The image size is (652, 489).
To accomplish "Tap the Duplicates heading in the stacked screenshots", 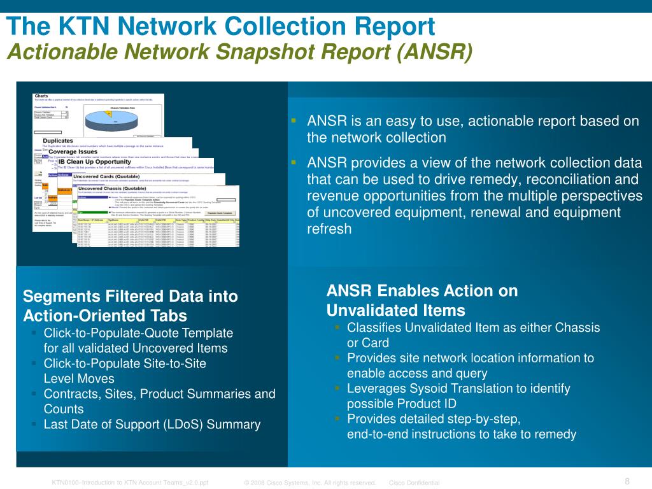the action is click(x=58, y=141).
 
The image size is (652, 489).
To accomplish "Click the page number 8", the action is click(x=627, y=481).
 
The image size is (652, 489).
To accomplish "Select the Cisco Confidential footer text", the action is click(x=414, y=483).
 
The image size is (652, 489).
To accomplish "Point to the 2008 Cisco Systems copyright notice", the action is click(x=309, y=483).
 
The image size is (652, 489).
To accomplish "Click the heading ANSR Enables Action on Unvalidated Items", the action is click(x=422, y=301).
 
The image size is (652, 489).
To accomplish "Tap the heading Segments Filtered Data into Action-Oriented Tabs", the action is click(x=130, y=306).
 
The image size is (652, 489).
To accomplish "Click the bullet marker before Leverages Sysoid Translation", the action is click(x=337, y=388).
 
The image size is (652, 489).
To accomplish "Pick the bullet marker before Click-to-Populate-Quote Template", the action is click(x=33, y=332).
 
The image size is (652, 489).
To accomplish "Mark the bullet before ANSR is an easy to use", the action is click(x=294, y=120).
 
